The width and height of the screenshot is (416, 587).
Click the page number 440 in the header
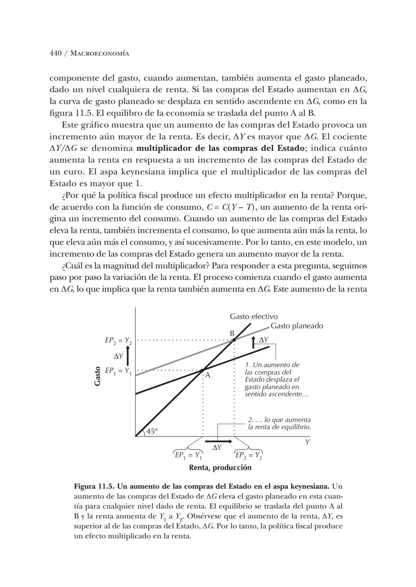coord(55,53)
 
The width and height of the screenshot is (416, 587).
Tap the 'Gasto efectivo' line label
coord(253,316)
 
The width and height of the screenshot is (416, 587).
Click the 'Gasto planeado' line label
coord(297,326)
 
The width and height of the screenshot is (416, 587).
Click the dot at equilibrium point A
coord(202,371)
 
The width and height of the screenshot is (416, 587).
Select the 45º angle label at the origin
coord(152,432)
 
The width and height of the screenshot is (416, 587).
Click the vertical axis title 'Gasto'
coord(97,376)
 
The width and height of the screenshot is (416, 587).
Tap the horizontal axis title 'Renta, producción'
coord(220,468)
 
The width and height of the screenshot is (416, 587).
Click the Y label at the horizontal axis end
coord(307,442)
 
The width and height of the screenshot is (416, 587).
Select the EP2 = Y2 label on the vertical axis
coord(118,341)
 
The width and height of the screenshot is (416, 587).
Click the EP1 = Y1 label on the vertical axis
coord(118,371)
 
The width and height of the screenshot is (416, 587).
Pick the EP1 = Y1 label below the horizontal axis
coord(188,455)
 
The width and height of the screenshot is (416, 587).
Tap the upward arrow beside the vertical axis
coord(127,356)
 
